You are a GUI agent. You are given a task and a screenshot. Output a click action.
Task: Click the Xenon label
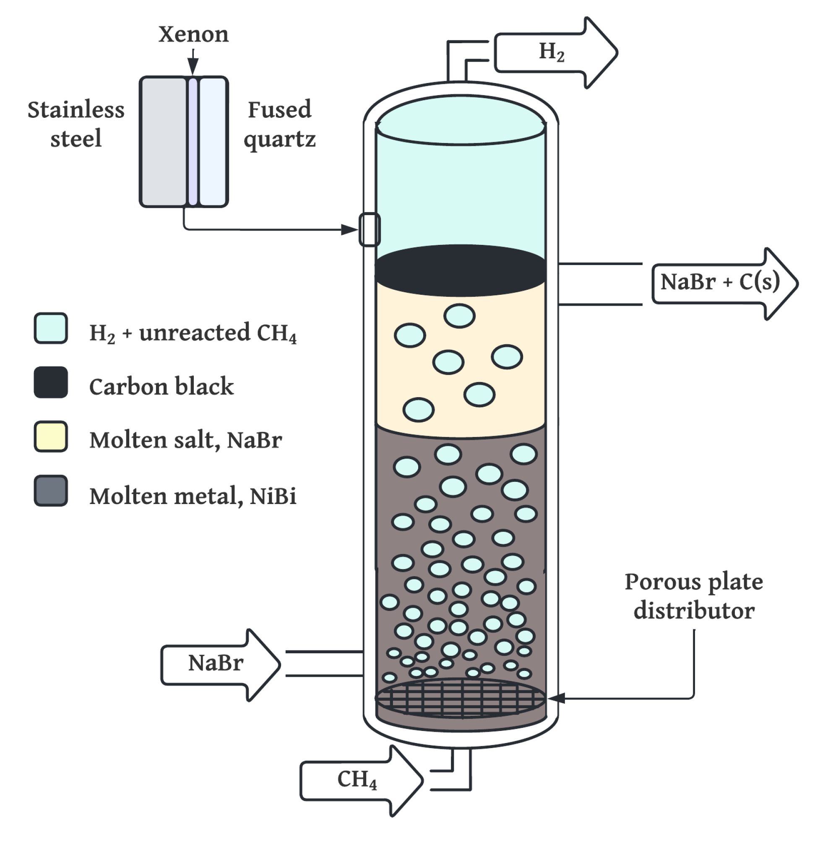pyautogui.click(x=193, y=34)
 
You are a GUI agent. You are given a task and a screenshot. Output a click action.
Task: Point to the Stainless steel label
pyautogui.click(x=76, y=124)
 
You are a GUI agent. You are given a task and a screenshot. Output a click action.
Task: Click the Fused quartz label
pyautogui.click(x=279, y=124)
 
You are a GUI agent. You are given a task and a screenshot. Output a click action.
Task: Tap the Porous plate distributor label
pyautogui.click(x=694, y=596)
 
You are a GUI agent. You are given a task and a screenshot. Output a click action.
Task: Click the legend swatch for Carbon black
pyautogui.click(x=51, y=382)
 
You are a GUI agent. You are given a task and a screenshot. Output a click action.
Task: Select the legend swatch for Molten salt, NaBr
pyautogui.click(x=51, y=437)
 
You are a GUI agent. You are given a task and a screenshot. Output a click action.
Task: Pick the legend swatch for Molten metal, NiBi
pyautogui.click(x=51, y=491)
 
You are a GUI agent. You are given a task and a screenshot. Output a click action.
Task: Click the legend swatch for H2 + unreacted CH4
pyautogui.click(x=51, y=328)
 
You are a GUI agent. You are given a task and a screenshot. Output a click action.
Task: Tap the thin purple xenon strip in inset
pyautogui.click(x=193, y=142)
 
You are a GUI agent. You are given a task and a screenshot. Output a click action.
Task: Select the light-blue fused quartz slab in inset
pyautogui.click(x=213, y=142)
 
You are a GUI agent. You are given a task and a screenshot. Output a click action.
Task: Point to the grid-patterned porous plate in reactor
pyautogui.click(x=461, y=698)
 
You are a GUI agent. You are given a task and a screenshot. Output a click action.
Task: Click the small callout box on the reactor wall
pyautogui.click(x=370, y=229)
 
